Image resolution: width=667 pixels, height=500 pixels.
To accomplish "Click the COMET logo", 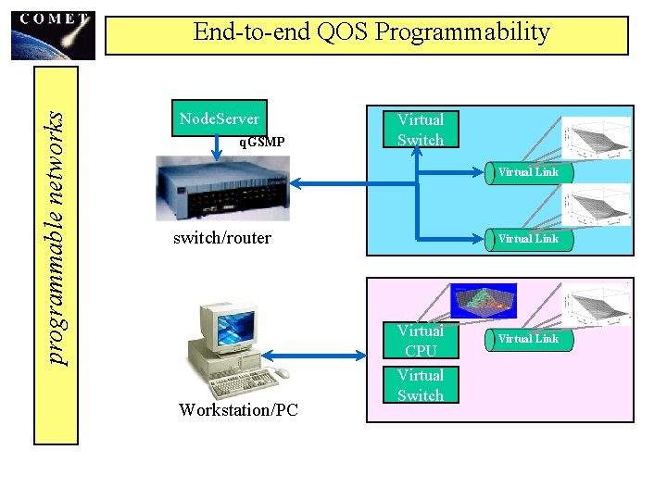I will (x=54, y=35).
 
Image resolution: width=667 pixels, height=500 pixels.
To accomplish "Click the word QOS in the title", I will (x=338, y=32).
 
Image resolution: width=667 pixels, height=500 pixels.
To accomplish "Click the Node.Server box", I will (x=220, y=119).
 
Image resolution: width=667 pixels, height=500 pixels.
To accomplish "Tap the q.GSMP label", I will (x=261, y=143).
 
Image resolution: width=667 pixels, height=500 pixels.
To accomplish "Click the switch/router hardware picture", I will (x=222, y=188).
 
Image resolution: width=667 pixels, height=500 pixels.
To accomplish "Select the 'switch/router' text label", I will (x=222, y=238).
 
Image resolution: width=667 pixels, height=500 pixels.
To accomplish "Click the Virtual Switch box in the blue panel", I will (x=421, y=130).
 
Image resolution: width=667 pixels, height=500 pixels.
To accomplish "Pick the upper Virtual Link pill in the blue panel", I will (x=528, y=172).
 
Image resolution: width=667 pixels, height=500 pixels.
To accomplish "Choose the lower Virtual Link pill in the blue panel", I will (x=528, y=239).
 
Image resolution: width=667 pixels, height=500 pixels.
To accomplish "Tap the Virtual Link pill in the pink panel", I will (x=528, y=339).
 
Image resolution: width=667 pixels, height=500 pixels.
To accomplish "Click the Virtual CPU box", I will (x=421, y=341).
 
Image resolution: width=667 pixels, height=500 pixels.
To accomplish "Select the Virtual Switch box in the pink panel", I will (x=421, y=385).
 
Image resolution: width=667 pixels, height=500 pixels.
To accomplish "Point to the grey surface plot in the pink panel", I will (x=598, y=306).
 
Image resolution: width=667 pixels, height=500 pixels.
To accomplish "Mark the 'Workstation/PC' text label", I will (x=239, y=409).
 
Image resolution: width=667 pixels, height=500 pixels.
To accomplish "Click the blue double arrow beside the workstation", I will (x=315, y=353).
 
